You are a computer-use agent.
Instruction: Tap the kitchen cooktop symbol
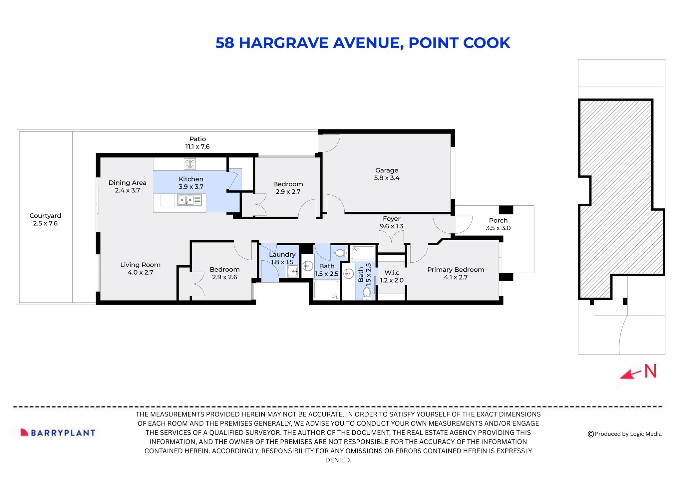tap(190, 164)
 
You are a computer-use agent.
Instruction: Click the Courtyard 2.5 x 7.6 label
tap(45, 220)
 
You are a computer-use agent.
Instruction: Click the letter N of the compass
tap(650, 371)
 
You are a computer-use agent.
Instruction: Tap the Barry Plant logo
tap(58, 433)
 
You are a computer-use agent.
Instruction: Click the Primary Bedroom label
tap(455, 270)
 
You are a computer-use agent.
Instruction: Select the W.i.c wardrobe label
tap(392, 273)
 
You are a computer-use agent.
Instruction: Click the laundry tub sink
tap(293, 271)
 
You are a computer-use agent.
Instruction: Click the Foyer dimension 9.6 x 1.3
tap(391, 226)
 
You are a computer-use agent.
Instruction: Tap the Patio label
tap(197, 139)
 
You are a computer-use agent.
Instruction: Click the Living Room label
tap(140, 265)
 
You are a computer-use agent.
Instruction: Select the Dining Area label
tap(127, 183)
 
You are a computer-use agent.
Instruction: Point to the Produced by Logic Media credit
tap(624, 434)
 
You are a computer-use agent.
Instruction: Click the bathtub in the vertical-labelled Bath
tap(363, 253)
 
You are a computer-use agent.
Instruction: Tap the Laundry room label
tap(282, 255)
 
